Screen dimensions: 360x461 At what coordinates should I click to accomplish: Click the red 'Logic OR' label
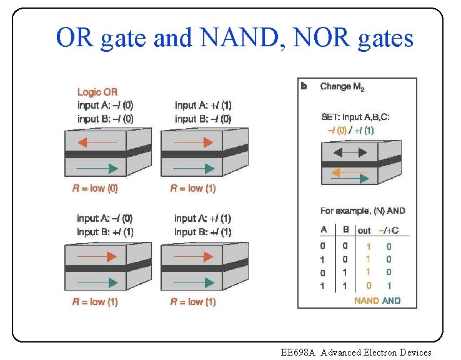(x=97, y=92)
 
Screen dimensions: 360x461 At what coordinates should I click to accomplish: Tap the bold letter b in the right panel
(x=304, y=86)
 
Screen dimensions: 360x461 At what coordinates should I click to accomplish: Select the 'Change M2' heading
(x=343, y=86)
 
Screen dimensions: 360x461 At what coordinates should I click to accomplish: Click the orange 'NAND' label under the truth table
(x=366, y=301)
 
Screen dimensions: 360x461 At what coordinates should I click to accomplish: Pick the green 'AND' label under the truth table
(x=392, y=301)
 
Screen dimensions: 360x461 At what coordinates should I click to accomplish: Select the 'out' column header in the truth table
(x=364, y=231)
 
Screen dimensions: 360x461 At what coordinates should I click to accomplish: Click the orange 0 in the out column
(x=368, y=286)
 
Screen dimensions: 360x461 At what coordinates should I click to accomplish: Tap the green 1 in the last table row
(x=389, y=286)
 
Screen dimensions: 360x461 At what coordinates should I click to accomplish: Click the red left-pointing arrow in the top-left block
(x=97, y=143)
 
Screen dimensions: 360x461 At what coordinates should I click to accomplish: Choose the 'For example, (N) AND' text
(x=362, y=211)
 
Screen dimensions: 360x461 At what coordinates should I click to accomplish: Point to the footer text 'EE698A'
(x=299, y=352)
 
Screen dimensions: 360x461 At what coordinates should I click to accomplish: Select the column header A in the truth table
(x=324, y=231)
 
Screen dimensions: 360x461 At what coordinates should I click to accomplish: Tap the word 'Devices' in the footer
(x=415, y=352)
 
